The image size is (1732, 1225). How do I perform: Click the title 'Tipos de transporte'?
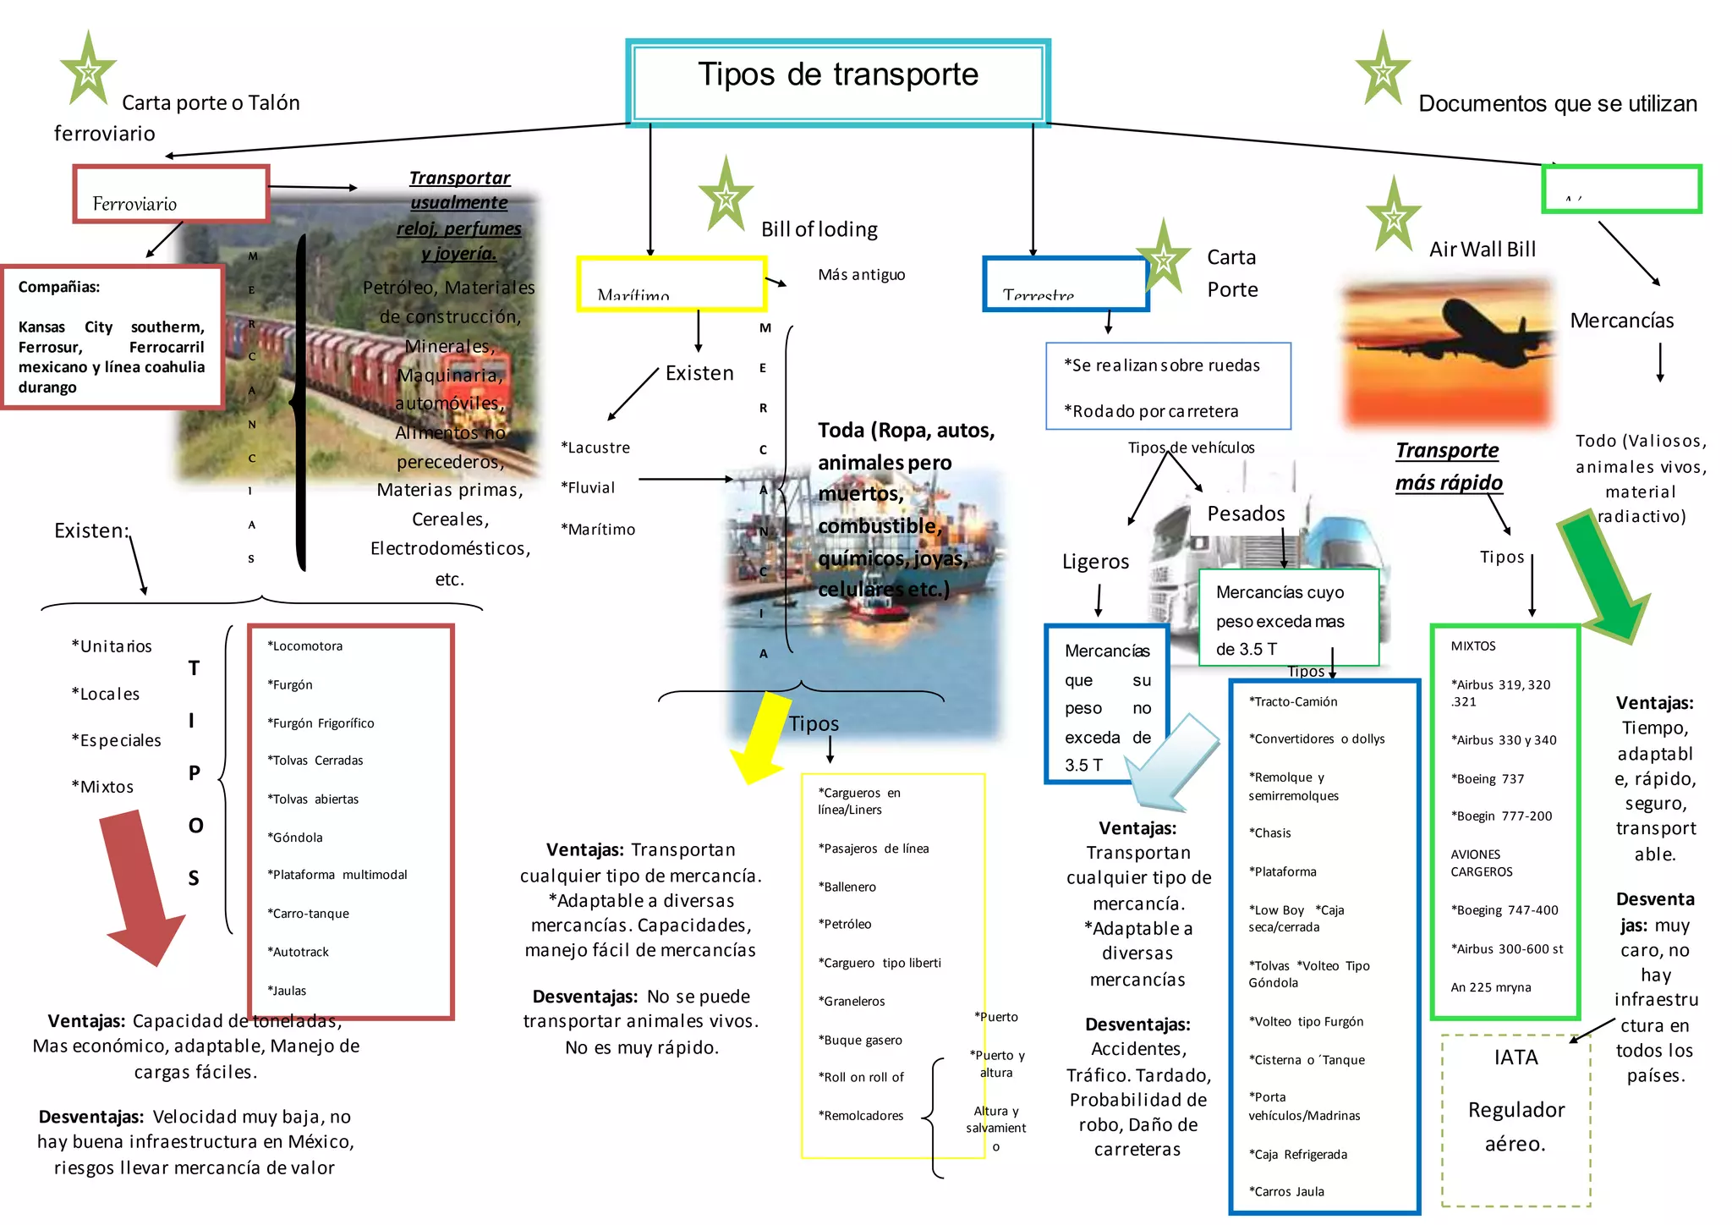tap(837, 75)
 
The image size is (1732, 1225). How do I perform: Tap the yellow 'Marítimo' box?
tap(671, 284)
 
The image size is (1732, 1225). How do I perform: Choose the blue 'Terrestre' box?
tap(1065, 284)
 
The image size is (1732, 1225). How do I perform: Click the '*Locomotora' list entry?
tap(305, 646)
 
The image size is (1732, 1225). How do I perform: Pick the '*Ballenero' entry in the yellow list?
tap(847, 887)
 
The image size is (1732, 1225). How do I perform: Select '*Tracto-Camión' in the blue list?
tap(1293, 701)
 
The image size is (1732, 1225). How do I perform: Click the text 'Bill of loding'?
tap(819, 229)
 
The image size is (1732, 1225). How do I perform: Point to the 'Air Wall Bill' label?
tap(1483, 250)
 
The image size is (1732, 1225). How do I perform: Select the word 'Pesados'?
tap(1246, 514)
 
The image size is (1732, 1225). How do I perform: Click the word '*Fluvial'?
tap(588, 487)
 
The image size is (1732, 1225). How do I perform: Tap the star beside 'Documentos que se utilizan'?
tap(1383, 71)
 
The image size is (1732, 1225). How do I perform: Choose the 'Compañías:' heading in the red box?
tap(59, 287)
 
